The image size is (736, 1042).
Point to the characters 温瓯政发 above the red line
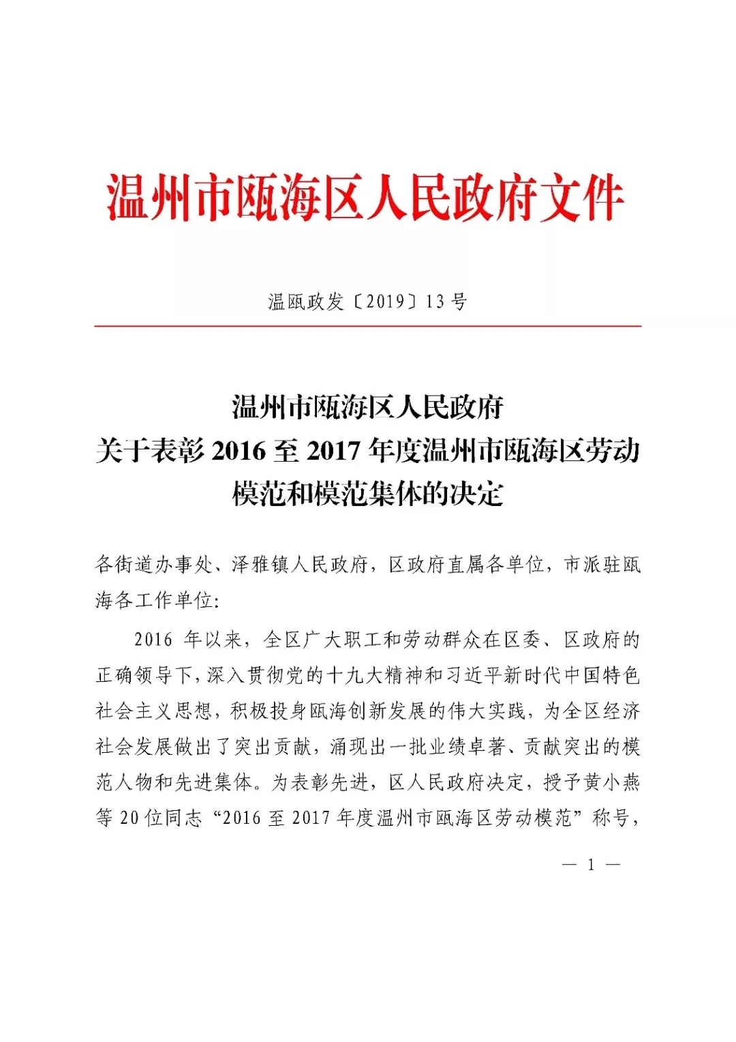tap(305, 301)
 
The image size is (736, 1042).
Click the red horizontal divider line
tap(368, 326)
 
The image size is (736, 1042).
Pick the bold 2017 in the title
tap(333, 451)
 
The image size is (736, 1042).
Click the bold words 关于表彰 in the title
tap(150, 451)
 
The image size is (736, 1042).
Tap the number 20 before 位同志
tap(129, 818)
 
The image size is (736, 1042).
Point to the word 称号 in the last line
tap(610, 818)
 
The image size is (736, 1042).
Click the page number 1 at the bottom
tap(591, 865)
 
